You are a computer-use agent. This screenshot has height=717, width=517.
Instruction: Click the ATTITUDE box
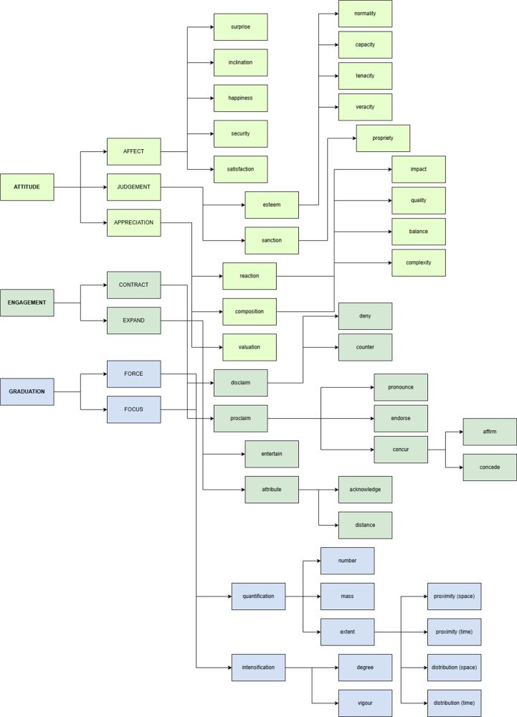tap(27, 187)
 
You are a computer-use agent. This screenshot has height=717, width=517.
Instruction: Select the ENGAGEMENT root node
tap(27, 303)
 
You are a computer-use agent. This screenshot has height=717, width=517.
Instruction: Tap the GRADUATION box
tap(27, 391)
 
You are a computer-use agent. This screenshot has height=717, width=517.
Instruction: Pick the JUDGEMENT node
tap(134, 187)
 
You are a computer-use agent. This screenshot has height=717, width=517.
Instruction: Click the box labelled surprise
tap(240, 27)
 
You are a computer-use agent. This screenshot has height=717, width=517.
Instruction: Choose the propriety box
tap(383, 138)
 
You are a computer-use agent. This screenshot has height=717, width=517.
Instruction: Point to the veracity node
tap(365, 107)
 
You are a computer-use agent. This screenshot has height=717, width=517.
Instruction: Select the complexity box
tap(419, 262)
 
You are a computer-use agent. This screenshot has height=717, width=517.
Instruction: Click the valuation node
tap(250, 347)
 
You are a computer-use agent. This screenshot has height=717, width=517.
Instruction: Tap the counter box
tap(365, 347)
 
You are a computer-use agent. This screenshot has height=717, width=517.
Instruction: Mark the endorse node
tap(401, 419)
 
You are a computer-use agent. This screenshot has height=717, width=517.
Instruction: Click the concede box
tap(490, 467)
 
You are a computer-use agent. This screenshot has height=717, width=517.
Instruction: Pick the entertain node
tap(272, 454)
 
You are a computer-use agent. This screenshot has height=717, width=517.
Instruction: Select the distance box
tap(365, 525)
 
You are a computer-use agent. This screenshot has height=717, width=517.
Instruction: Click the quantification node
tap(258, 597)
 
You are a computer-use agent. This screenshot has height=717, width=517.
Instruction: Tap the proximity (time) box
tap(455, 632)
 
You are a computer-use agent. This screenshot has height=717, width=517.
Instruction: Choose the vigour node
tap(365, 703)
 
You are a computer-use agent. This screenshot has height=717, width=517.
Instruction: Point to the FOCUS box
tap(134, 409)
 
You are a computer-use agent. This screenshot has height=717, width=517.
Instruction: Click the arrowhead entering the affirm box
tap(461, 432)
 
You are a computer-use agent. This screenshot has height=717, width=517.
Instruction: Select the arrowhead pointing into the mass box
tap(318, 597)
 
